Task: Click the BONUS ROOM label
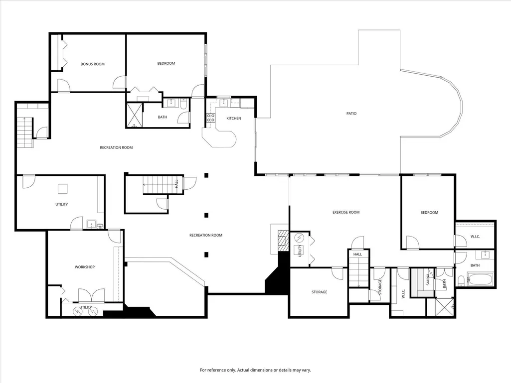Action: point(93,64)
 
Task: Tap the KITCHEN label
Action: point(234,118)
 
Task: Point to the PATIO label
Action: point(351,114)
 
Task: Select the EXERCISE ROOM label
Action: point(346,212)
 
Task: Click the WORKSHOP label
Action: point(85,267)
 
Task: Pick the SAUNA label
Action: point(428,279)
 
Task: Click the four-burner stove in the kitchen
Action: point(210,118)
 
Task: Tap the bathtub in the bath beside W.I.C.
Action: point(480,279)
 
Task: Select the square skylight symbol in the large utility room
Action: point(63,189)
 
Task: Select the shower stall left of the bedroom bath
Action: point(135,115)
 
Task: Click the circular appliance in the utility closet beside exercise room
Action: point(299,238)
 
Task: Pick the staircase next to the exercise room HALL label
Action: point(359,271)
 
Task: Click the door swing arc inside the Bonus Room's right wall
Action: point(119,82)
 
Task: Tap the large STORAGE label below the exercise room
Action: point(320,292)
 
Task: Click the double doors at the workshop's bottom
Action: point(92,295)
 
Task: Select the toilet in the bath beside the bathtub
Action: point(461,280)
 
